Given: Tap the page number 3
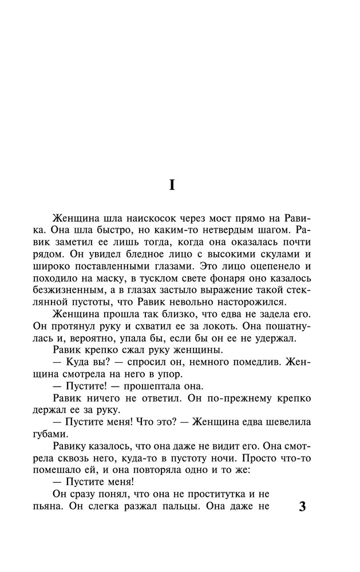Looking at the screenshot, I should (x=303, y=508).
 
